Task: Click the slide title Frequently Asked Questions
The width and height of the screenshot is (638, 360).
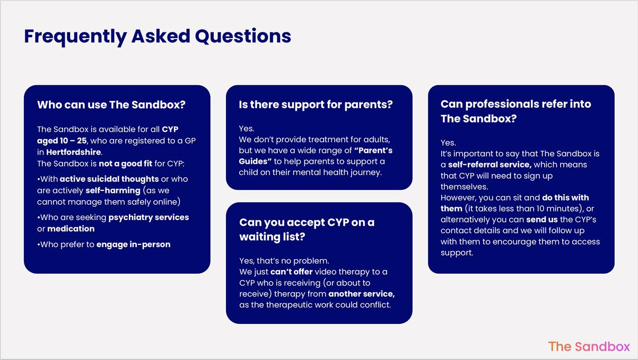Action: point(158,37)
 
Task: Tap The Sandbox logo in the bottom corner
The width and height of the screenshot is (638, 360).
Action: point(589,347)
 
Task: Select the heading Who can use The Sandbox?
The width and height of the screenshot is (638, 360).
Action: point(111,105)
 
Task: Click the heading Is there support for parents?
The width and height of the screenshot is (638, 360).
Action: point(316,105)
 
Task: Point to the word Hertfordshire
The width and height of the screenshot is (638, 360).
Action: point(74,152)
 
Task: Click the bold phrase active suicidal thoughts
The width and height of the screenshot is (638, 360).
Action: point(109,179)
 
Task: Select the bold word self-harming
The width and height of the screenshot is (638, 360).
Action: point(113,190)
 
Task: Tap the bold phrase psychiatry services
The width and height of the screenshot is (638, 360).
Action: point(148,217)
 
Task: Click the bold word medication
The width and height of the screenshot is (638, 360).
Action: point(71,229)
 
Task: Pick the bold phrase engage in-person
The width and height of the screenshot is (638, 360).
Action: point(133,244)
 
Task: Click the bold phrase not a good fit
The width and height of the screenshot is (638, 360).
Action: point(125,164)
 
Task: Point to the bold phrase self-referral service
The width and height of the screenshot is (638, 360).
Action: point(490,164)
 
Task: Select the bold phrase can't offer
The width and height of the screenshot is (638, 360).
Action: point(291,271)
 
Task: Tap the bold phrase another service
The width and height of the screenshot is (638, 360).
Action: point(362,294)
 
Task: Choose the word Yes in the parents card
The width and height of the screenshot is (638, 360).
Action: point(247,128)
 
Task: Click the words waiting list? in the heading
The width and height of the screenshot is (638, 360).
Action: point(272,236)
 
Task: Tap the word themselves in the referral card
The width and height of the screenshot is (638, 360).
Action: point(464,187)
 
